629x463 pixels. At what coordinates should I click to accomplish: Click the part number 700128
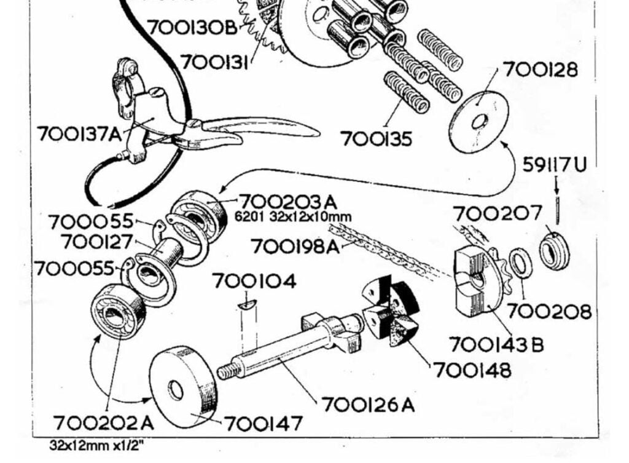[541, 69]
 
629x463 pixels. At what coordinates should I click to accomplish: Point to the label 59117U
[555, 165]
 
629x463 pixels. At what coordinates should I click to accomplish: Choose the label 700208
[550, 312]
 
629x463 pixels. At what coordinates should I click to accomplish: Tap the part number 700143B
[496, 344]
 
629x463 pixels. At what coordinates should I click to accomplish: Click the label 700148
[472, 370]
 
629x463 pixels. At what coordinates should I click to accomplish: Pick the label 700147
[263, 424]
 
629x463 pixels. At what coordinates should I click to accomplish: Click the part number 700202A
[104, 424]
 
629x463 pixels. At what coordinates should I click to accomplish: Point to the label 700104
[254, 282]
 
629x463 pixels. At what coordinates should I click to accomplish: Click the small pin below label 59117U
[557, 210]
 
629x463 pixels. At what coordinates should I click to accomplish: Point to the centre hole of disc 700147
[176, 390]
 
